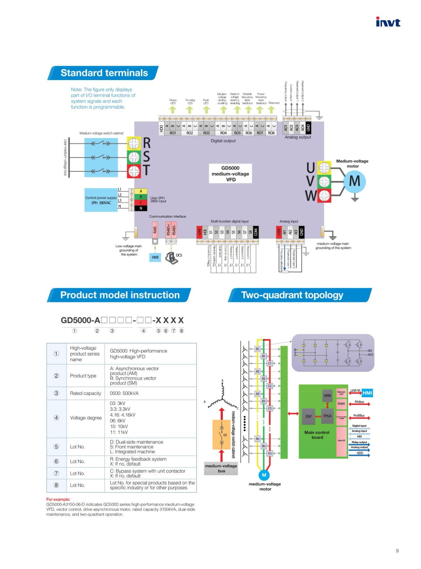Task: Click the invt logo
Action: (388, 22)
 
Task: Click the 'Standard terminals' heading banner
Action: (103, 73)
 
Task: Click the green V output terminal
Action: (324, 181)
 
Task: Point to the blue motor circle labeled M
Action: (354, 181)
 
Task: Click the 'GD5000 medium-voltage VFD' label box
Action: (230, 174)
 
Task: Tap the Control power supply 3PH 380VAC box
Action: (101, 200)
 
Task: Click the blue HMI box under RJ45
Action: (155, 257)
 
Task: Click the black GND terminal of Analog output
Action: (308, 127)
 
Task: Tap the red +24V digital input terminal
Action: (199, 232)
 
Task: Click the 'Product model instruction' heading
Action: (119, 295)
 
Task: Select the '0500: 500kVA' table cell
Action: (124, 393)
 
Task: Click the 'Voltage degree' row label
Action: (86, 418)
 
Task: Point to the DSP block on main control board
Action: (308, 416)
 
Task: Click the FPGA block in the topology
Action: (327, 416)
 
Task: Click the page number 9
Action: (397, 551)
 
